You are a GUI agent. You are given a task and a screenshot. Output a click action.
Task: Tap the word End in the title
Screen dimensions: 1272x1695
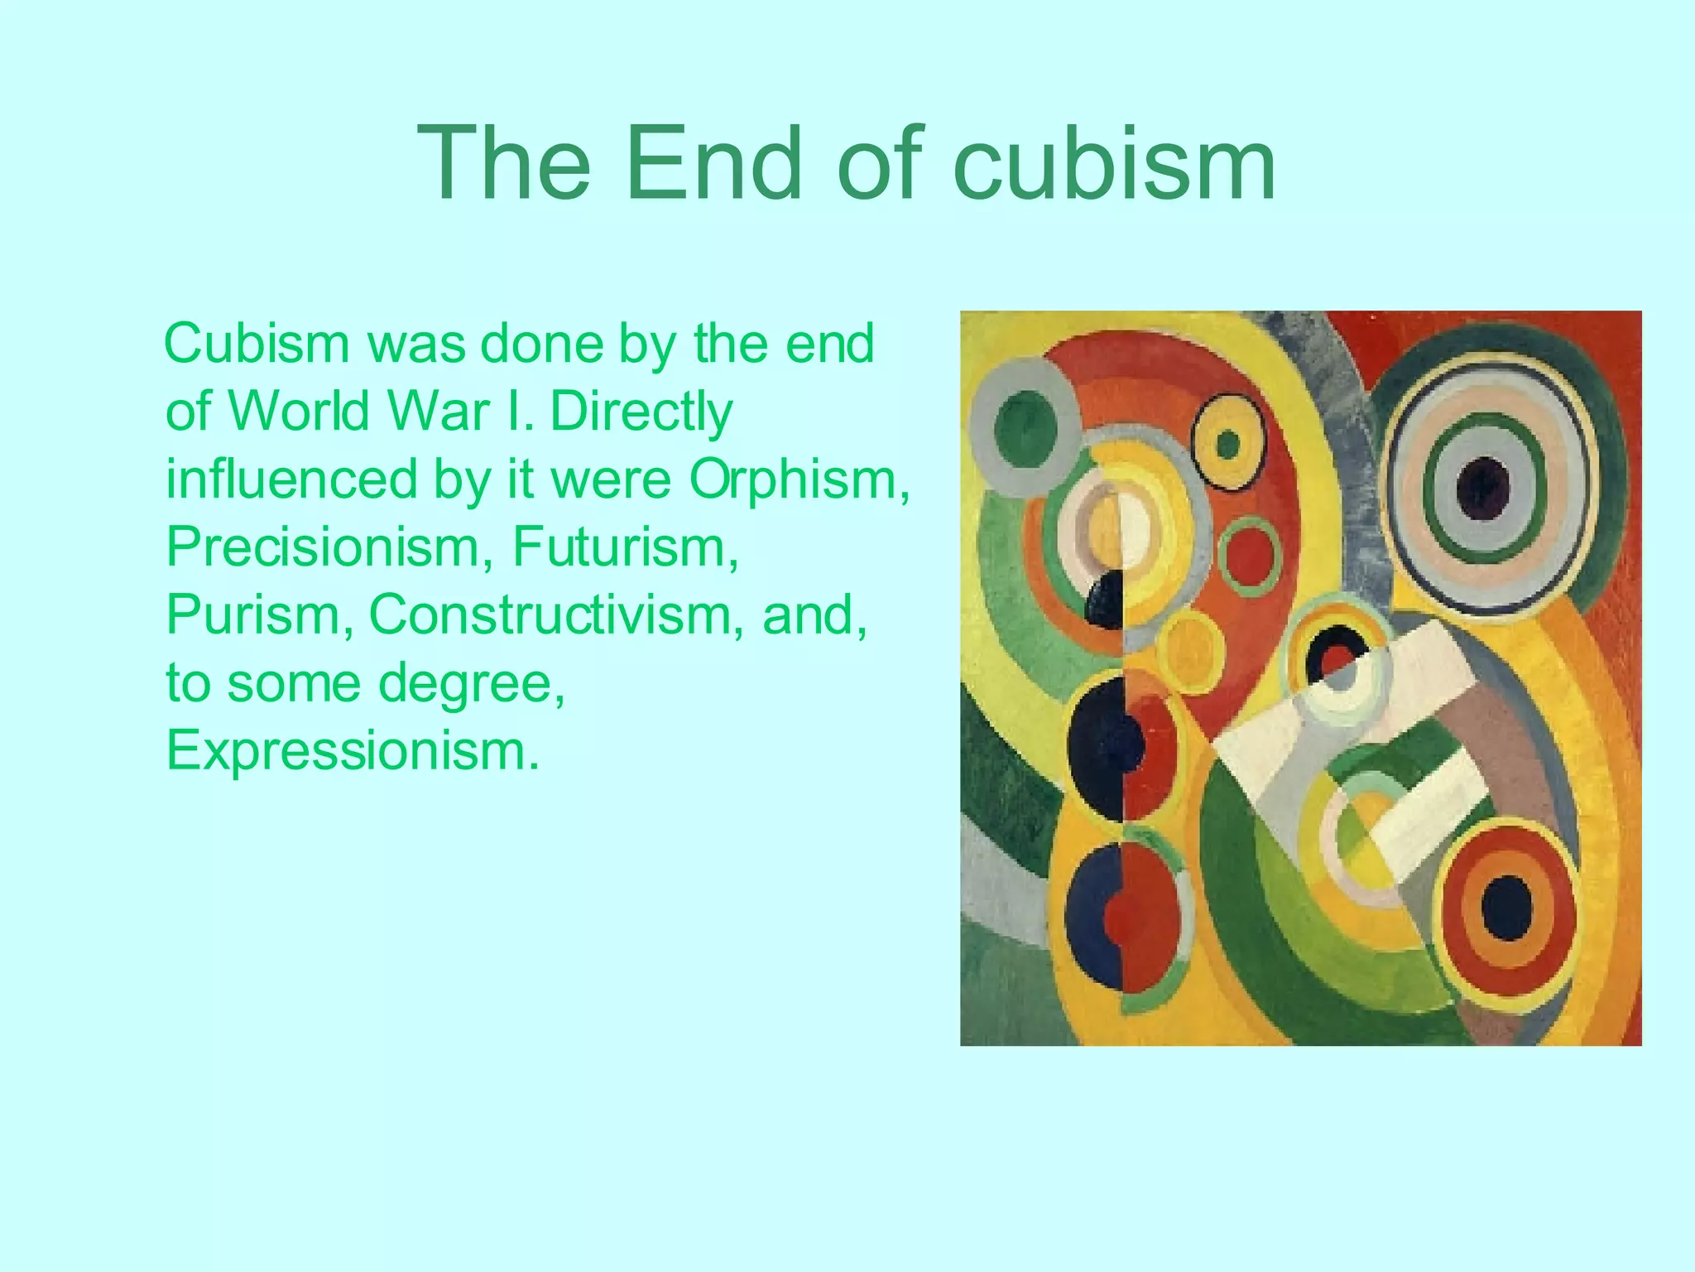pos(714,162)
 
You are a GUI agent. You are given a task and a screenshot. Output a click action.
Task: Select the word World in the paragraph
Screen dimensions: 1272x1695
pos(298,412)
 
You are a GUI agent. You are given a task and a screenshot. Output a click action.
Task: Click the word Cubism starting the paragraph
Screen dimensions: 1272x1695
pos(257,344)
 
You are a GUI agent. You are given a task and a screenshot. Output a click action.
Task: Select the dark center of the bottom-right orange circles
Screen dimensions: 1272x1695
pos(1506,907)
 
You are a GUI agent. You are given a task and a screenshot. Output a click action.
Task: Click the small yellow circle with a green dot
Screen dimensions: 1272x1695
pos(1228,445)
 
